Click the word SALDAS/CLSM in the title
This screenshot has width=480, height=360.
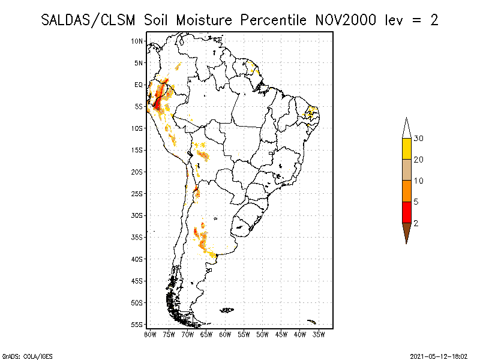[x=90, y=20]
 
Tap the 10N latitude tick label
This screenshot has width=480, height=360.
[x=137, y=41]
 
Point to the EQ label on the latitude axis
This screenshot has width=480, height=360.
[x=139, y=85]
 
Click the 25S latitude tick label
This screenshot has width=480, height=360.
[x=137, y=193]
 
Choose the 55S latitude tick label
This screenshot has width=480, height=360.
[x=137, y=324]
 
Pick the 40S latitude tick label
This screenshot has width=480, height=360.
[x=137, y=259]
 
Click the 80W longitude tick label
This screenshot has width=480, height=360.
[x=150, y=334]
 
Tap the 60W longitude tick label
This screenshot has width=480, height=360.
[x=225, y=334]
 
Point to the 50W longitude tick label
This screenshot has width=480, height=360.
[x=262, y=334]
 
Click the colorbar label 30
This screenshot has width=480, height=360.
[x=419, y=139]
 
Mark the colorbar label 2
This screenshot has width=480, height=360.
[x=416, y=223]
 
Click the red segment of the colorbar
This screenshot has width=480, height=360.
[x=407, y=212]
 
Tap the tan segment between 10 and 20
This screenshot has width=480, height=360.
[x=407, y=170]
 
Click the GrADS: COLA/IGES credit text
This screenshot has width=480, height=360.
[x=20, y=355]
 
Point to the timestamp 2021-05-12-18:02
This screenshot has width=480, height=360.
[x=439, y=355]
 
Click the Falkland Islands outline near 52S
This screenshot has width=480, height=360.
[x=227, y=310]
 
